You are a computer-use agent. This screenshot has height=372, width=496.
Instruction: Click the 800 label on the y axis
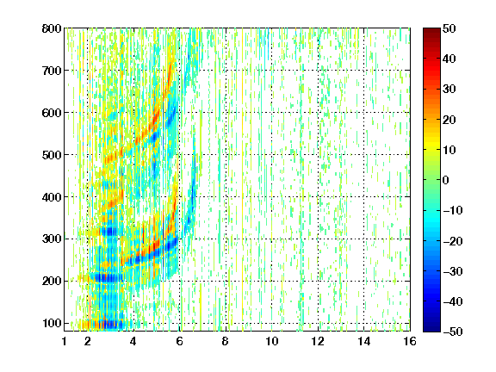(x=52, y=28)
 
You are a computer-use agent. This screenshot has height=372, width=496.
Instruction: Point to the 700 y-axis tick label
(x=52, y=71)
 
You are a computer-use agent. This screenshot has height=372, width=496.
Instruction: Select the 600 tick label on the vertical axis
(x=52, y=113)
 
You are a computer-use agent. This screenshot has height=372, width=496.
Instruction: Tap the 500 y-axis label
(x=52, y=155)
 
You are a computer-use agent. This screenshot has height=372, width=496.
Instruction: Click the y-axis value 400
(x=52, y=197)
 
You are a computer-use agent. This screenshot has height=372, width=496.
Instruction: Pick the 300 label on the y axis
(x=52, y=239)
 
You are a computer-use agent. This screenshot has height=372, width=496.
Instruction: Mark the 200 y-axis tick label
(x=52, y=282)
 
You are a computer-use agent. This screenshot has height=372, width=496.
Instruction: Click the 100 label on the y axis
(x=52, y=323)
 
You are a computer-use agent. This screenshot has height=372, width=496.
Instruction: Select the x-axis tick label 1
(x=65, y=341)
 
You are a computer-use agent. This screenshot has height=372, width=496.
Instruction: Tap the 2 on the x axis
(x=88, y=341)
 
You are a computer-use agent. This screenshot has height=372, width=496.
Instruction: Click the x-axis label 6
(x=180, y=341)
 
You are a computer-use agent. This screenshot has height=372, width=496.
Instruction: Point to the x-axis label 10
(x=272, y=341)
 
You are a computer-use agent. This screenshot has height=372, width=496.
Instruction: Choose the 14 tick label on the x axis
(x=363, y=341)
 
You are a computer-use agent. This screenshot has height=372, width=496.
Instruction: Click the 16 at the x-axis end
(x=410, y=341)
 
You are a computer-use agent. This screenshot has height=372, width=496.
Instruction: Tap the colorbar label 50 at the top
(x=449, y=28)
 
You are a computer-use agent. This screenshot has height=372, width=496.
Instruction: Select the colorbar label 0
(x=445, y=180)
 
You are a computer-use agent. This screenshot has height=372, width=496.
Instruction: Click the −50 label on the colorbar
(x=453, y=332)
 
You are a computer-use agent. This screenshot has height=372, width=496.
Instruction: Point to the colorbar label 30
(x=449, y=89)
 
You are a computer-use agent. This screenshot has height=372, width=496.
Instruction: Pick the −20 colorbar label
(x=453, y=241)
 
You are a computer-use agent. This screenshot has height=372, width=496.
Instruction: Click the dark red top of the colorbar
(x=431, y=31)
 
